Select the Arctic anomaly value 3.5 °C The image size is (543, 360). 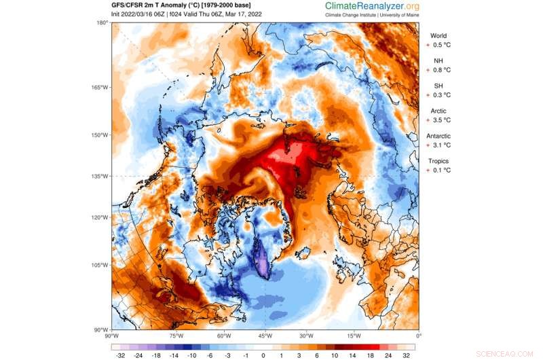tap(441, 120)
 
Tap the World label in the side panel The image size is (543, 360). tap(438, 36)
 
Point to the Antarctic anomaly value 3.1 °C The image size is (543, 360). tap(441, 145)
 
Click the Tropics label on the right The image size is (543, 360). tap(438, 161)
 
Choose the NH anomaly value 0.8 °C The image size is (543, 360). tap(441, 70)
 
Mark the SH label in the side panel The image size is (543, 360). tap(438, 86)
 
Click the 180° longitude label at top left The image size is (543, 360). tap(102, 23)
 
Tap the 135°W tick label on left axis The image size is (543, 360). tap(100, 176)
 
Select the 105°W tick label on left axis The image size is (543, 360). tap(100, 264)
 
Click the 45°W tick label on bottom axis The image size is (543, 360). tap(265, 336)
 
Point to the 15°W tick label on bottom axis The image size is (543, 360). tap(354, 336)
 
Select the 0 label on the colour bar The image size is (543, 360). tap(263, 355)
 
